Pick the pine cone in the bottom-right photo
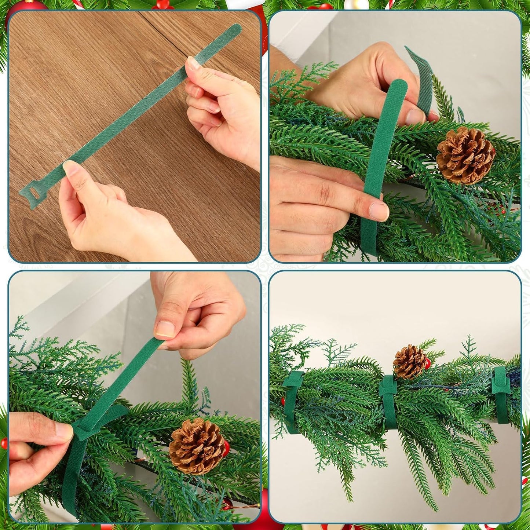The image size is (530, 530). tap(410, 362)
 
